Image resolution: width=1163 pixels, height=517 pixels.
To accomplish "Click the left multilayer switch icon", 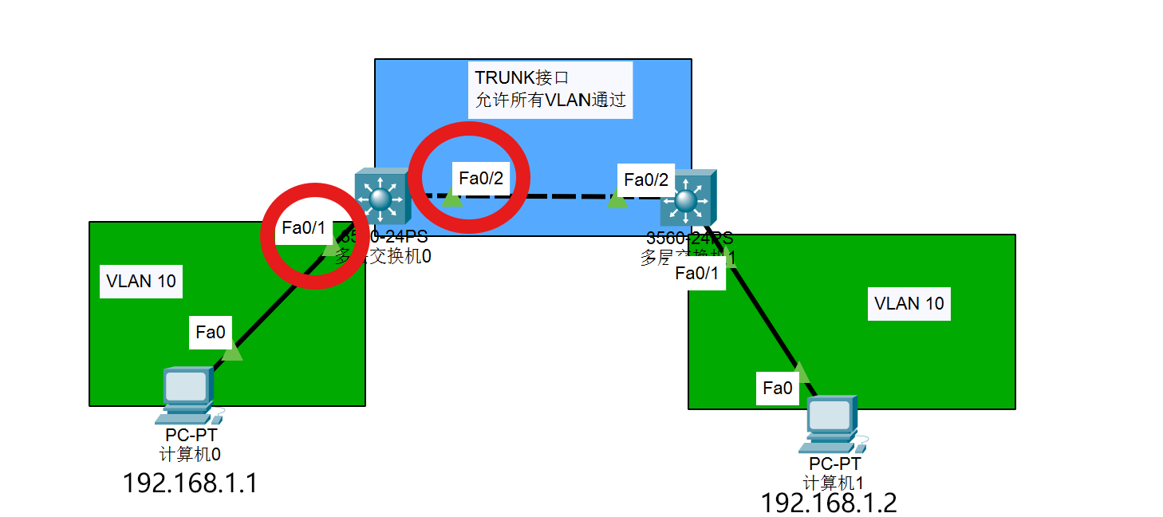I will [380, 195].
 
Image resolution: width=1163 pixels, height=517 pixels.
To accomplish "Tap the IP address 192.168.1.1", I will [190, 483].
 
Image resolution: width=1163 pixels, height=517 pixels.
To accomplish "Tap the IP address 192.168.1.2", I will [828, 503].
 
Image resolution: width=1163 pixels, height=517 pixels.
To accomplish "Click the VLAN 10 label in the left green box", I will [141, 282].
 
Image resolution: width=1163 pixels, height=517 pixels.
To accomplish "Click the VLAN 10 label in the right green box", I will [909, 303].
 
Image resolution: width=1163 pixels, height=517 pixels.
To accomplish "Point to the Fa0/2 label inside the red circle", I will [481, 178].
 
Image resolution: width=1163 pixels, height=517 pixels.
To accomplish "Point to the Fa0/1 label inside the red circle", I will [304, 228].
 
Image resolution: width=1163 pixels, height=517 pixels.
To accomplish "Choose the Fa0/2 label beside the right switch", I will [646, 180].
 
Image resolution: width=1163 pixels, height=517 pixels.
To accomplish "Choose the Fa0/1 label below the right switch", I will [696, 274].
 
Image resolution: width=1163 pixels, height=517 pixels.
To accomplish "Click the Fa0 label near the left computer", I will [211, 332].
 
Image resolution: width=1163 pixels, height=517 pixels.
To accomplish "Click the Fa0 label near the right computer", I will [778, 389].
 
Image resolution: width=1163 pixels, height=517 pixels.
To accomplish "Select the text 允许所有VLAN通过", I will [550, 101].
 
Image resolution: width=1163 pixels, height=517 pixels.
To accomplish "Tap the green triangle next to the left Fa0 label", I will [232, 352].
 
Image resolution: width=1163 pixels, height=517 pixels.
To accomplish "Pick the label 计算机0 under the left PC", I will [190, 455].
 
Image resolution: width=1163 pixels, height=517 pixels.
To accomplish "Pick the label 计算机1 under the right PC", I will [834, 483].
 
